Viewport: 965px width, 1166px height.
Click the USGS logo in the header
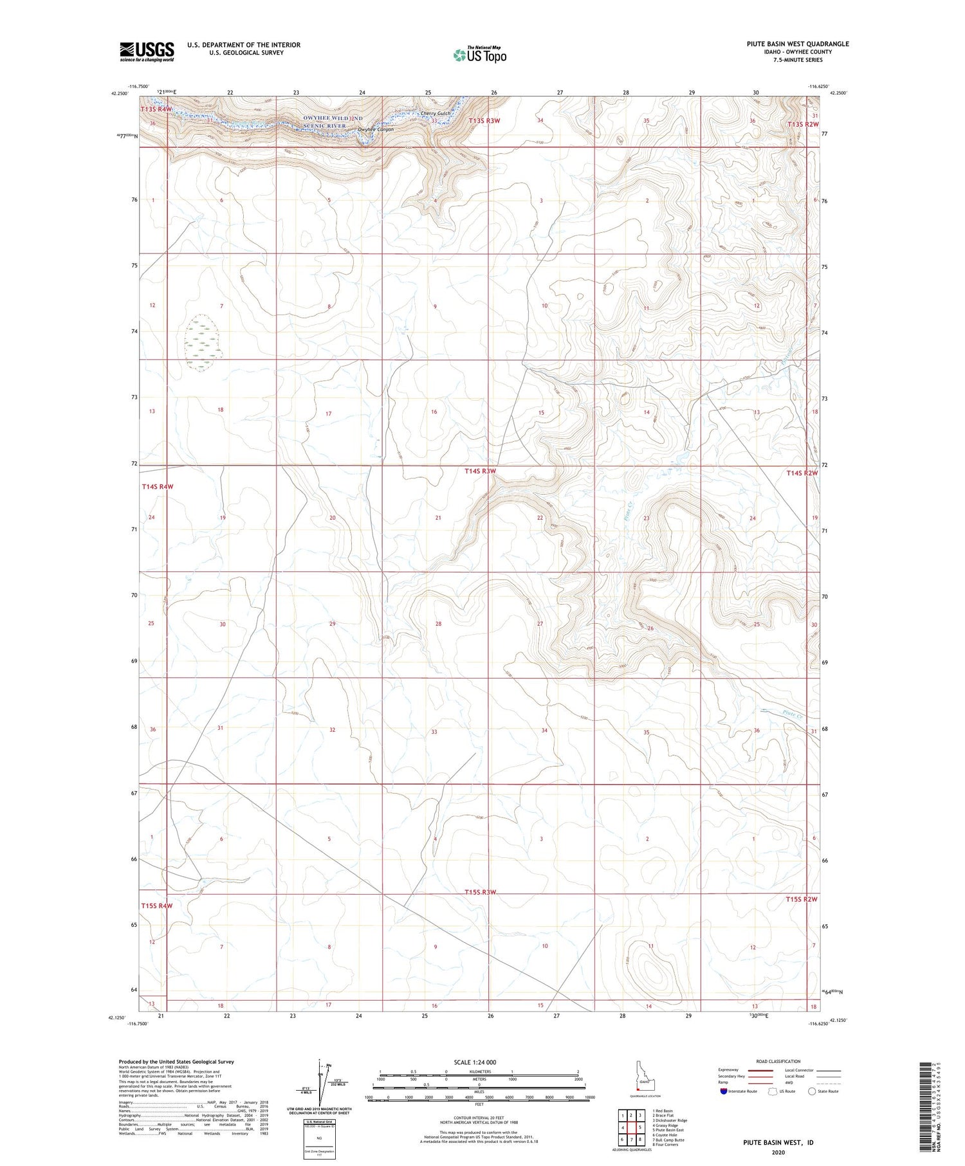(147, 51)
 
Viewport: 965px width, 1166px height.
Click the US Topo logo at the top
(479, 55)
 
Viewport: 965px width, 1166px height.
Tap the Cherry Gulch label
(436, 114)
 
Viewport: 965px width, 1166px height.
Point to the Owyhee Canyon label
(376, 129)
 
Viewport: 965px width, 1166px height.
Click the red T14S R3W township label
(481, 471)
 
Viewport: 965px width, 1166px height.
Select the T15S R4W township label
(157, 906)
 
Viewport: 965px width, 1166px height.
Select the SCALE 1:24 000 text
(479, 1062)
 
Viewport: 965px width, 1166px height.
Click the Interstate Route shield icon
(724, 1091)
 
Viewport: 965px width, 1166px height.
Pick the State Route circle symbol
(812, 1091)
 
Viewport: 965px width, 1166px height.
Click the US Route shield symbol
(772, 1091)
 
